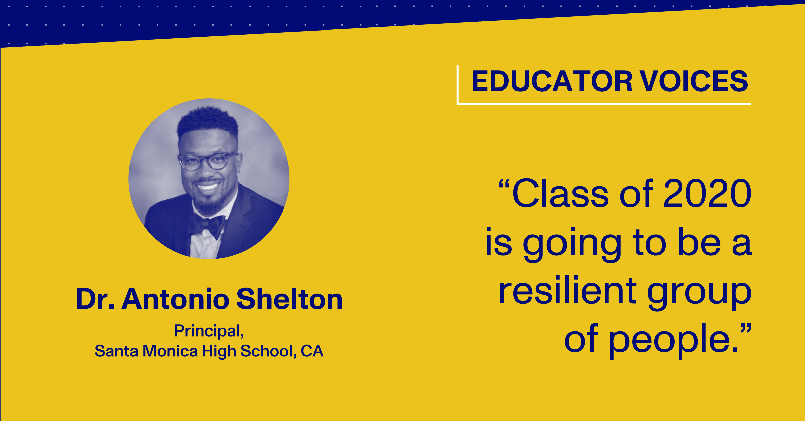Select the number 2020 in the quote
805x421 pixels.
pyautogui.click(x=707, y=193)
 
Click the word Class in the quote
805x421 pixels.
pyautogui.click(x=560, y=193)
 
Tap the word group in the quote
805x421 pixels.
pyautogui.click(x=699, y=293)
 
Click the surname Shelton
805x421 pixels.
pyautogui.click(x=290, y=299)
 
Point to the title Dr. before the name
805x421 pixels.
pyautogui.click(x=95, y=299)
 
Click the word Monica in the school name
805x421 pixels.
pyautogui.click(x=170, y=351)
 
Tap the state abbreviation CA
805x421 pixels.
pyautogui.click(x=312, y=351)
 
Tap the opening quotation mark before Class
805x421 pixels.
pyautogui.click(x=504, y=184)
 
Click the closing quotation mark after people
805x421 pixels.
pyautogui.click(x=746, y=329)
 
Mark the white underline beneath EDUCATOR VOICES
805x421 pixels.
pyautogui.click(x=604, y=104)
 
